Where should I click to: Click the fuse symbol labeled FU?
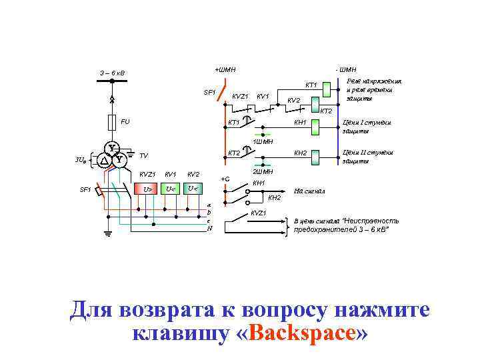pos(112,123)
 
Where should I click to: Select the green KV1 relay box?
pos(170,189)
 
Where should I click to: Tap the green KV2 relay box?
pos(193,189)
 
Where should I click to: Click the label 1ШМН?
pos(263,141)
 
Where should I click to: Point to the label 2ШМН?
pos(262,172)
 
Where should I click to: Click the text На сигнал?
pos(309,191)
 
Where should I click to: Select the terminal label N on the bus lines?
pos(209,228)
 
